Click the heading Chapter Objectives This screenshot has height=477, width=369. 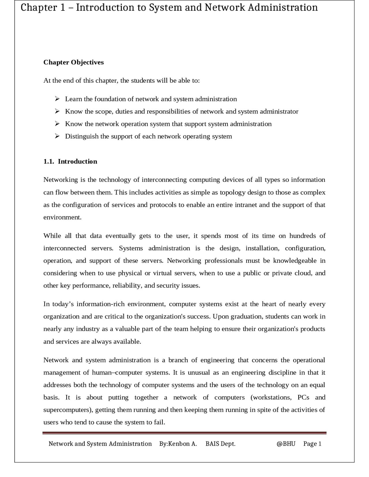tap(74, 62)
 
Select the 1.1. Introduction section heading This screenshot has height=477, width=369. tap(70, 161)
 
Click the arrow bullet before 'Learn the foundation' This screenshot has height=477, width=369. tap(57, 99)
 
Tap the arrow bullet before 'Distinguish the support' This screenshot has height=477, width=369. tap(57, 136)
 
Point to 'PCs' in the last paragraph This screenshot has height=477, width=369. tap(303, 397)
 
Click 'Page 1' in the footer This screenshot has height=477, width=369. tap(312, 444)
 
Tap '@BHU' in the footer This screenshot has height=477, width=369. tap(286, 444)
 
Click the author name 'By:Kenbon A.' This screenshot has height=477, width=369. tap(178, 444)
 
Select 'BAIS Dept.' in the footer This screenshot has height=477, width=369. tap(221, 444)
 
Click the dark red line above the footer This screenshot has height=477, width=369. tap(184, 433)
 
